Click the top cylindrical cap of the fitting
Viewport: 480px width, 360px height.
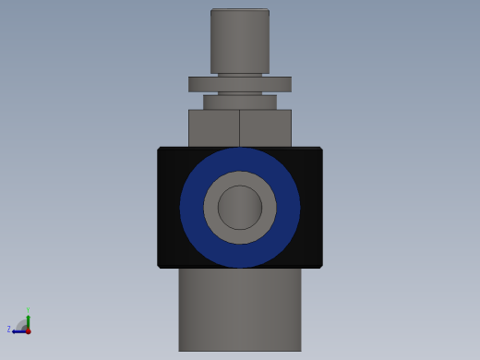point(240,41)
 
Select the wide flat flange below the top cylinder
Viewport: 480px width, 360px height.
point(240,84)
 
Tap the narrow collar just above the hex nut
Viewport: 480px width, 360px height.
point(240,102)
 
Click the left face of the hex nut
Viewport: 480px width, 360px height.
point(213,128)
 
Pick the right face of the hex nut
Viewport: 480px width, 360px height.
point(266,128)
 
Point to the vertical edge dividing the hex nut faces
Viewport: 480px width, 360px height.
point(240,128)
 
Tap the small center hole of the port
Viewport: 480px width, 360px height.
point(240,208)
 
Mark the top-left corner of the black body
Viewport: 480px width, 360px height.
point(160,149)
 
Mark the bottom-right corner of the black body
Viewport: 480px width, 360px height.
point(320,267)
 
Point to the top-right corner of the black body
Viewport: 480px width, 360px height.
point(320,149)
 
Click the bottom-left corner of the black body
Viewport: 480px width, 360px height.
point(160,267)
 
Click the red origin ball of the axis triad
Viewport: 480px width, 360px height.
point(28,330)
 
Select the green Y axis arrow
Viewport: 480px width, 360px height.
point(28,319)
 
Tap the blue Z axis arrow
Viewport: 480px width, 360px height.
point(18,330)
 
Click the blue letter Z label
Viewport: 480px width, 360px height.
point(9,330)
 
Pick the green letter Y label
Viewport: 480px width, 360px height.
point(28,310)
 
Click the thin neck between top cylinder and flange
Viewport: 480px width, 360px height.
point(240,75)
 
